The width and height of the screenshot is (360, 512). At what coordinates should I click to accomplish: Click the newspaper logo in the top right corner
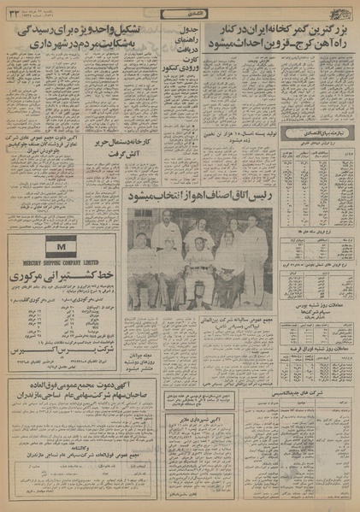click(342, 10)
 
